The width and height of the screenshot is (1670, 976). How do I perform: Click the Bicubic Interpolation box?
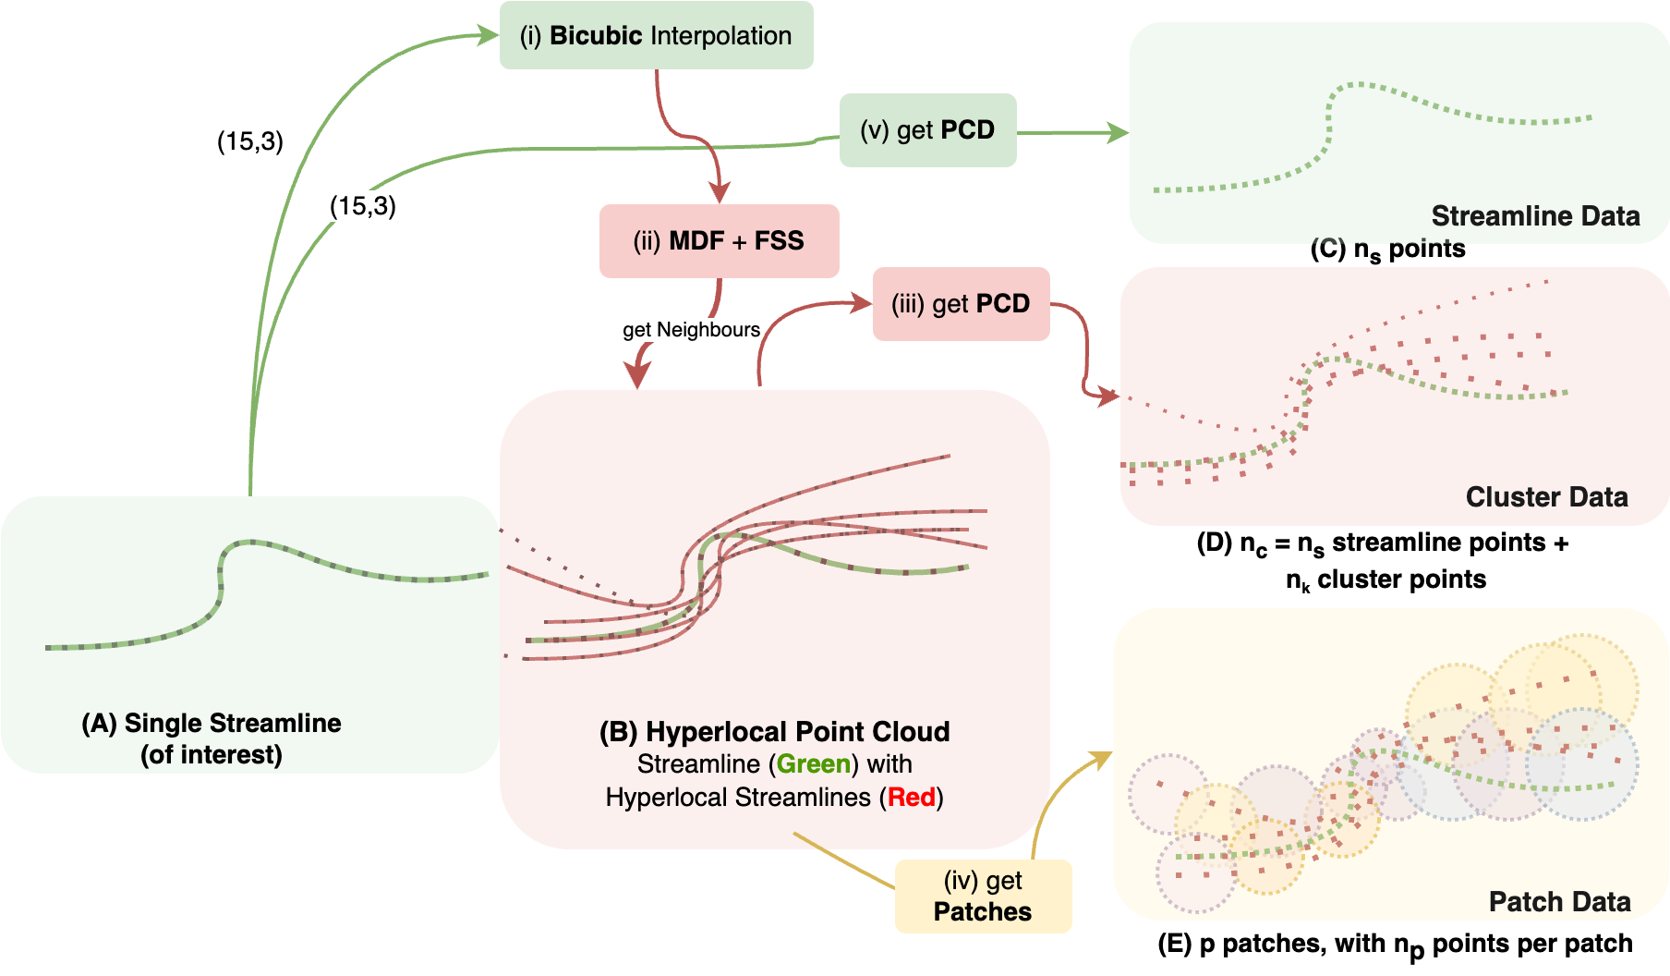tap(656, 36)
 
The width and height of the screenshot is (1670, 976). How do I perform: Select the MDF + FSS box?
tap(719, 241)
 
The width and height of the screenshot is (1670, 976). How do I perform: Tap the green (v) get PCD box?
tap(927, 130)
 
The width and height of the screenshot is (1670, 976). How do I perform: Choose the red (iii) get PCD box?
tap(961, 304)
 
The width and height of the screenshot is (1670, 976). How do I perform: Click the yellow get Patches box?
tap(983, 897)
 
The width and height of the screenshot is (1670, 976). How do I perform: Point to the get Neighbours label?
tap(691, 330)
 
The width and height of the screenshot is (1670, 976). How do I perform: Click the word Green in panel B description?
tap(813, 764)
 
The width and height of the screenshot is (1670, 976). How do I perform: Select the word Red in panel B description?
tap(912, 798)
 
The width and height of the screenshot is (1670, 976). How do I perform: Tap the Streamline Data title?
tap(1535, 216)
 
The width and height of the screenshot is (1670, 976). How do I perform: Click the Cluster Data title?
tap(1546, 497)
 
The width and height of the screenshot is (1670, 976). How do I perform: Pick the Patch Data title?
tap(1559, 902)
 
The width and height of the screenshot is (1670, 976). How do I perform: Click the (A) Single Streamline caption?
tap(212, 738)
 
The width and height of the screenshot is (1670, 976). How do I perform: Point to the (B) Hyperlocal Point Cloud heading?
tap(774, 732)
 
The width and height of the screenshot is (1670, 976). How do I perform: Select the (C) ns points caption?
tap(1387, 250)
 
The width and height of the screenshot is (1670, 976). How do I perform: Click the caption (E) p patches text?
tap(1395, 945)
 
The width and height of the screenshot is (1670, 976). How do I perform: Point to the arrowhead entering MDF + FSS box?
tap(719, 192)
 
